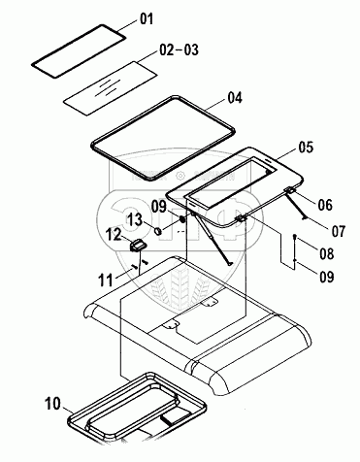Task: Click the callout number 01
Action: point(147,18)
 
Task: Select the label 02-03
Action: point(180,50)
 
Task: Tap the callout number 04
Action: point(235,98)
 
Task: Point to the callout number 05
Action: point(306,148)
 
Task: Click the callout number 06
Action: point(325,205)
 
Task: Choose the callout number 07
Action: point(339,231)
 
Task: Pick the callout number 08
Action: point(326,253)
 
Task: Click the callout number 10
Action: point(52,404)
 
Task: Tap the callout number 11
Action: point(106,280)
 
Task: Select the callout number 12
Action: point(114,234)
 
